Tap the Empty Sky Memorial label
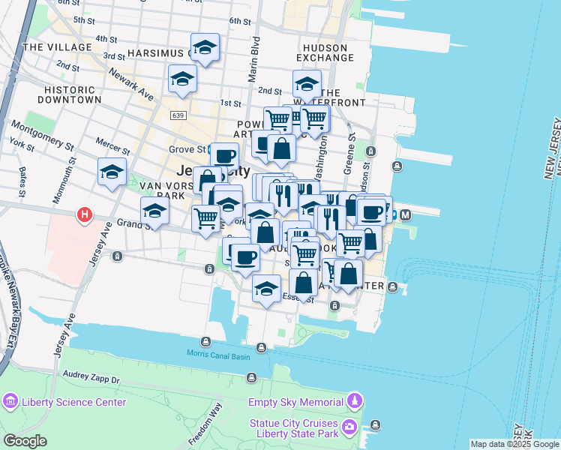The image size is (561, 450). pos(296,402)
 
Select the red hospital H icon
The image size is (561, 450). pos(85,216)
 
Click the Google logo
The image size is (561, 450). pos(25,441)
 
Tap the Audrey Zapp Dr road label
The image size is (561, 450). pos(90,380)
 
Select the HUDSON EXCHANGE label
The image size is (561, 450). pos(324,52)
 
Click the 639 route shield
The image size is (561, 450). pos(178,115)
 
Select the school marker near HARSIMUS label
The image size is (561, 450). pos(205,49)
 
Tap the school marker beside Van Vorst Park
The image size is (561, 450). pos(154,211)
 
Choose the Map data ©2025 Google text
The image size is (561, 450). pos(514,444)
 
